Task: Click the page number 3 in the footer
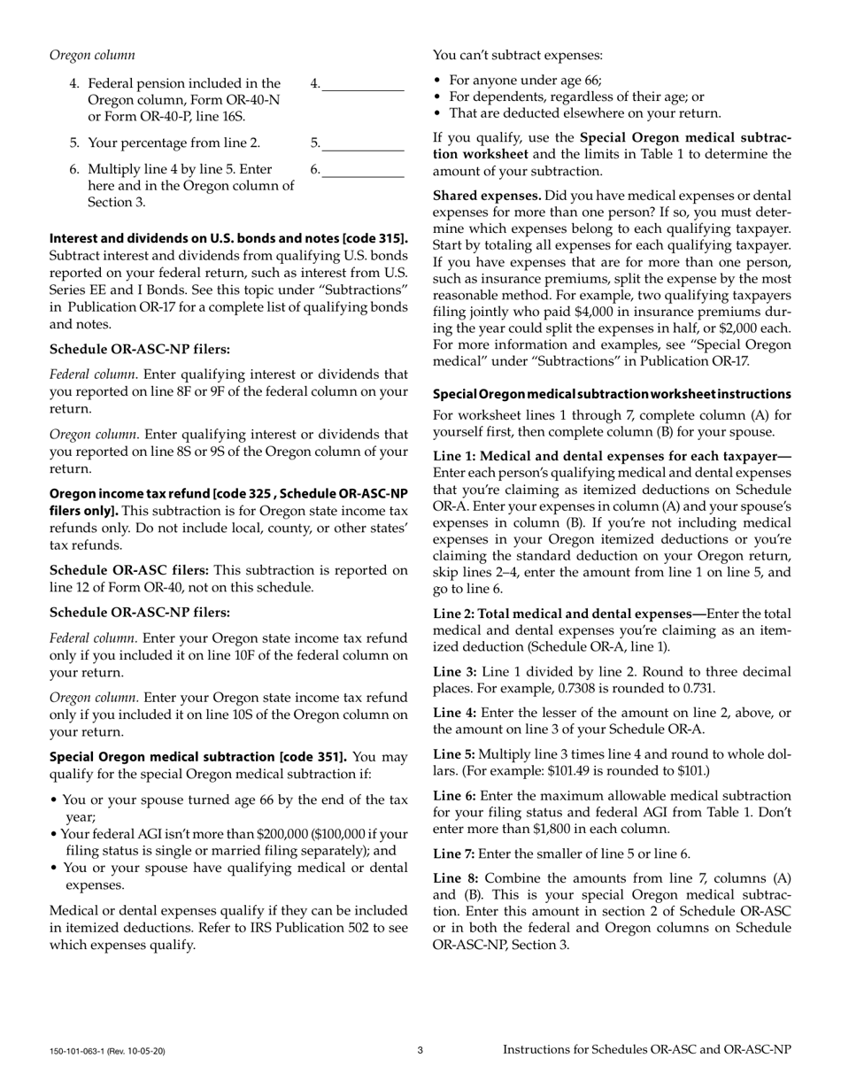(x=420, y=1050)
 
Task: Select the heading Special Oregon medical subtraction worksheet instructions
(x=612, y=394)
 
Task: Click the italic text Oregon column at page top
(x=92, y=55)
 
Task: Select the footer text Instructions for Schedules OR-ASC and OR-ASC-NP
(x=647, y=1049)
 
